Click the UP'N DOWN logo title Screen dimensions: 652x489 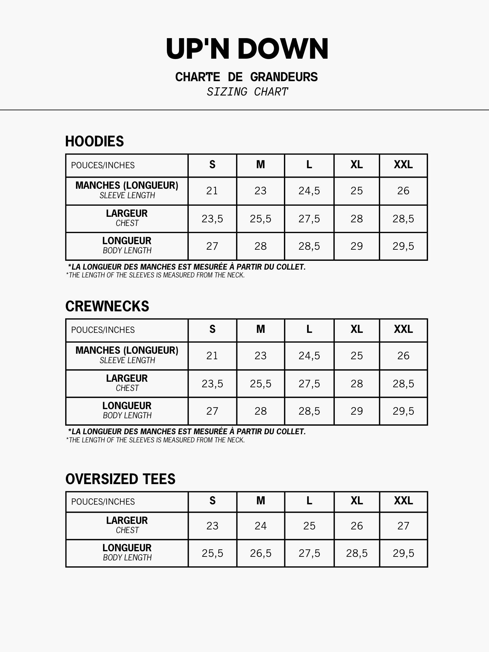[x=247, y=49]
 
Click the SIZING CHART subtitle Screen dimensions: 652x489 [x=247, y=92]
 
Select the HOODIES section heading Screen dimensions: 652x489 [x=95, y=141]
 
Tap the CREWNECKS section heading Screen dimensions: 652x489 [x=107, y=306]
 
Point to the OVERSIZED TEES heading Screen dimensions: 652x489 [x=120, y=479]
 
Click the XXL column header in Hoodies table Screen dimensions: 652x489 [x=403, y=165]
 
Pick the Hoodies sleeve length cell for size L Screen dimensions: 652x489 [x=309, y=191]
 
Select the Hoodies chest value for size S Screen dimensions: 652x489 [x=212, y=219]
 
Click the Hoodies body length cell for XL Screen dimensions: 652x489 [x=357, y=246]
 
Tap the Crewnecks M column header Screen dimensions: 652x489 [x=260, y=330]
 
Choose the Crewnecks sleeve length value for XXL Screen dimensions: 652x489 [x=403, y=356]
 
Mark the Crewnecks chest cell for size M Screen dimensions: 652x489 [x=260, y=384]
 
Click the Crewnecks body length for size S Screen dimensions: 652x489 [x=212, y=411]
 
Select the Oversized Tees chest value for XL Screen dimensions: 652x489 [x=357, y=526]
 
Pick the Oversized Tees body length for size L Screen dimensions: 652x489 [x=309, y=553]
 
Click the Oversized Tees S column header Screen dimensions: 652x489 [x=212, y=501]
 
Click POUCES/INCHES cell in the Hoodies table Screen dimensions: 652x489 [x=103, y=165]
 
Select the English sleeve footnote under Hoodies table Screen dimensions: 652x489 [x=155, y=275]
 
